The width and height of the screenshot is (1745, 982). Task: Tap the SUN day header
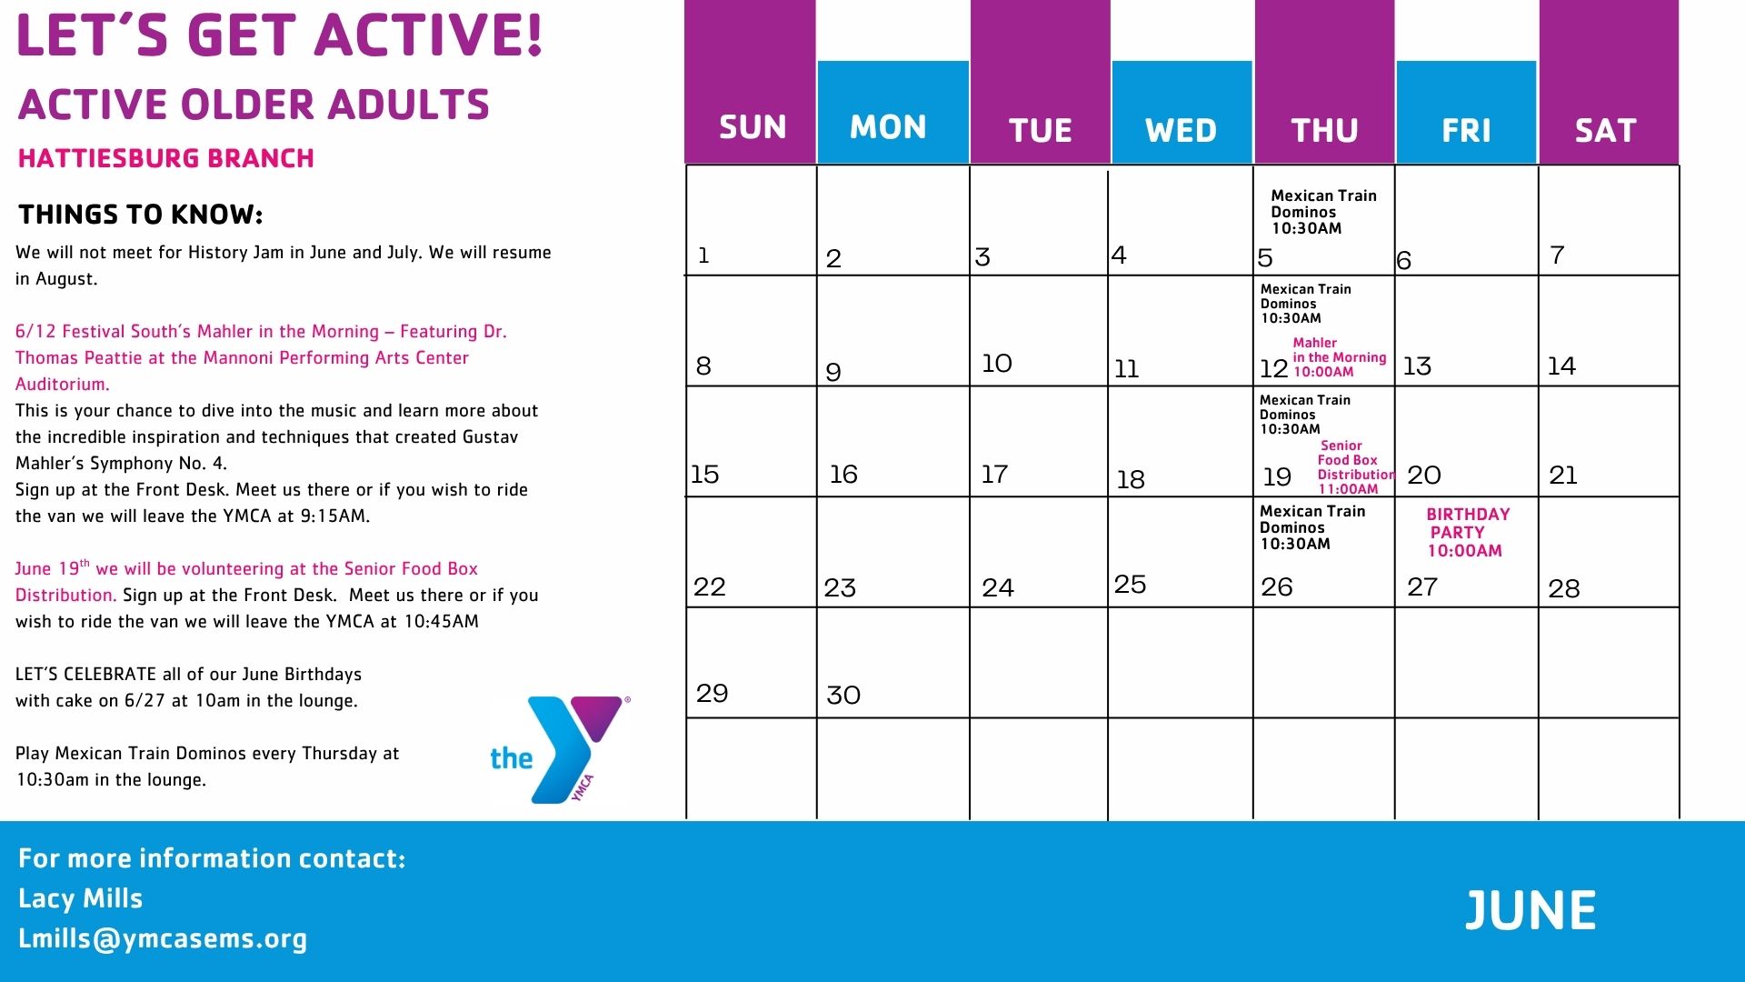pos(753,127)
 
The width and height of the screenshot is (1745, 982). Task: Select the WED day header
pos(1181,131)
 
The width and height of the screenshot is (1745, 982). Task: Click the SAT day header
pos(1605,131)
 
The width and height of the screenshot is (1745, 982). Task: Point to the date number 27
pos(1422,586)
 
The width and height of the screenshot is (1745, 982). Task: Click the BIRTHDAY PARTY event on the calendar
pos(1467,532)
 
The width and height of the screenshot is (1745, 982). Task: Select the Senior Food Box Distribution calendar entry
pos(1355,467)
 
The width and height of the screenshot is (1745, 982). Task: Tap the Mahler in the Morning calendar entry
pos(1340,357)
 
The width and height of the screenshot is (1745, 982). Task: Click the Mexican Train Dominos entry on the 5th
pos(1323,212)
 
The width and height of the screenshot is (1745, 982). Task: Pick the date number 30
pos(843,696)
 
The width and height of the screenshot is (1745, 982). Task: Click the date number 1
pos(703,256)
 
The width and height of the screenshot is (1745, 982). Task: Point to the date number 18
pos(1131,479)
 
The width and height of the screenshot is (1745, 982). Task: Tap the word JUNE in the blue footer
pos(1531,910)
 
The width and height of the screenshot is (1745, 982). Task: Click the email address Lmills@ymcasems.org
pos(163,938)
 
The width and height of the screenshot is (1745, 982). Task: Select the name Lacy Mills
pos(81,898)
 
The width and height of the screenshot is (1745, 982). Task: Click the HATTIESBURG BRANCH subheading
pos(166,158)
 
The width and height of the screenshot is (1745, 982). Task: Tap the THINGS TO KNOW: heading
pos(141,215)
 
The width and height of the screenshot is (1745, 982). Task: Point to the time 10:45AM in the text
pos(442,621)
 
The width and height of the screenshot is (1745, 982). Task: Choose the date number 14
pos(1561,366)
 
